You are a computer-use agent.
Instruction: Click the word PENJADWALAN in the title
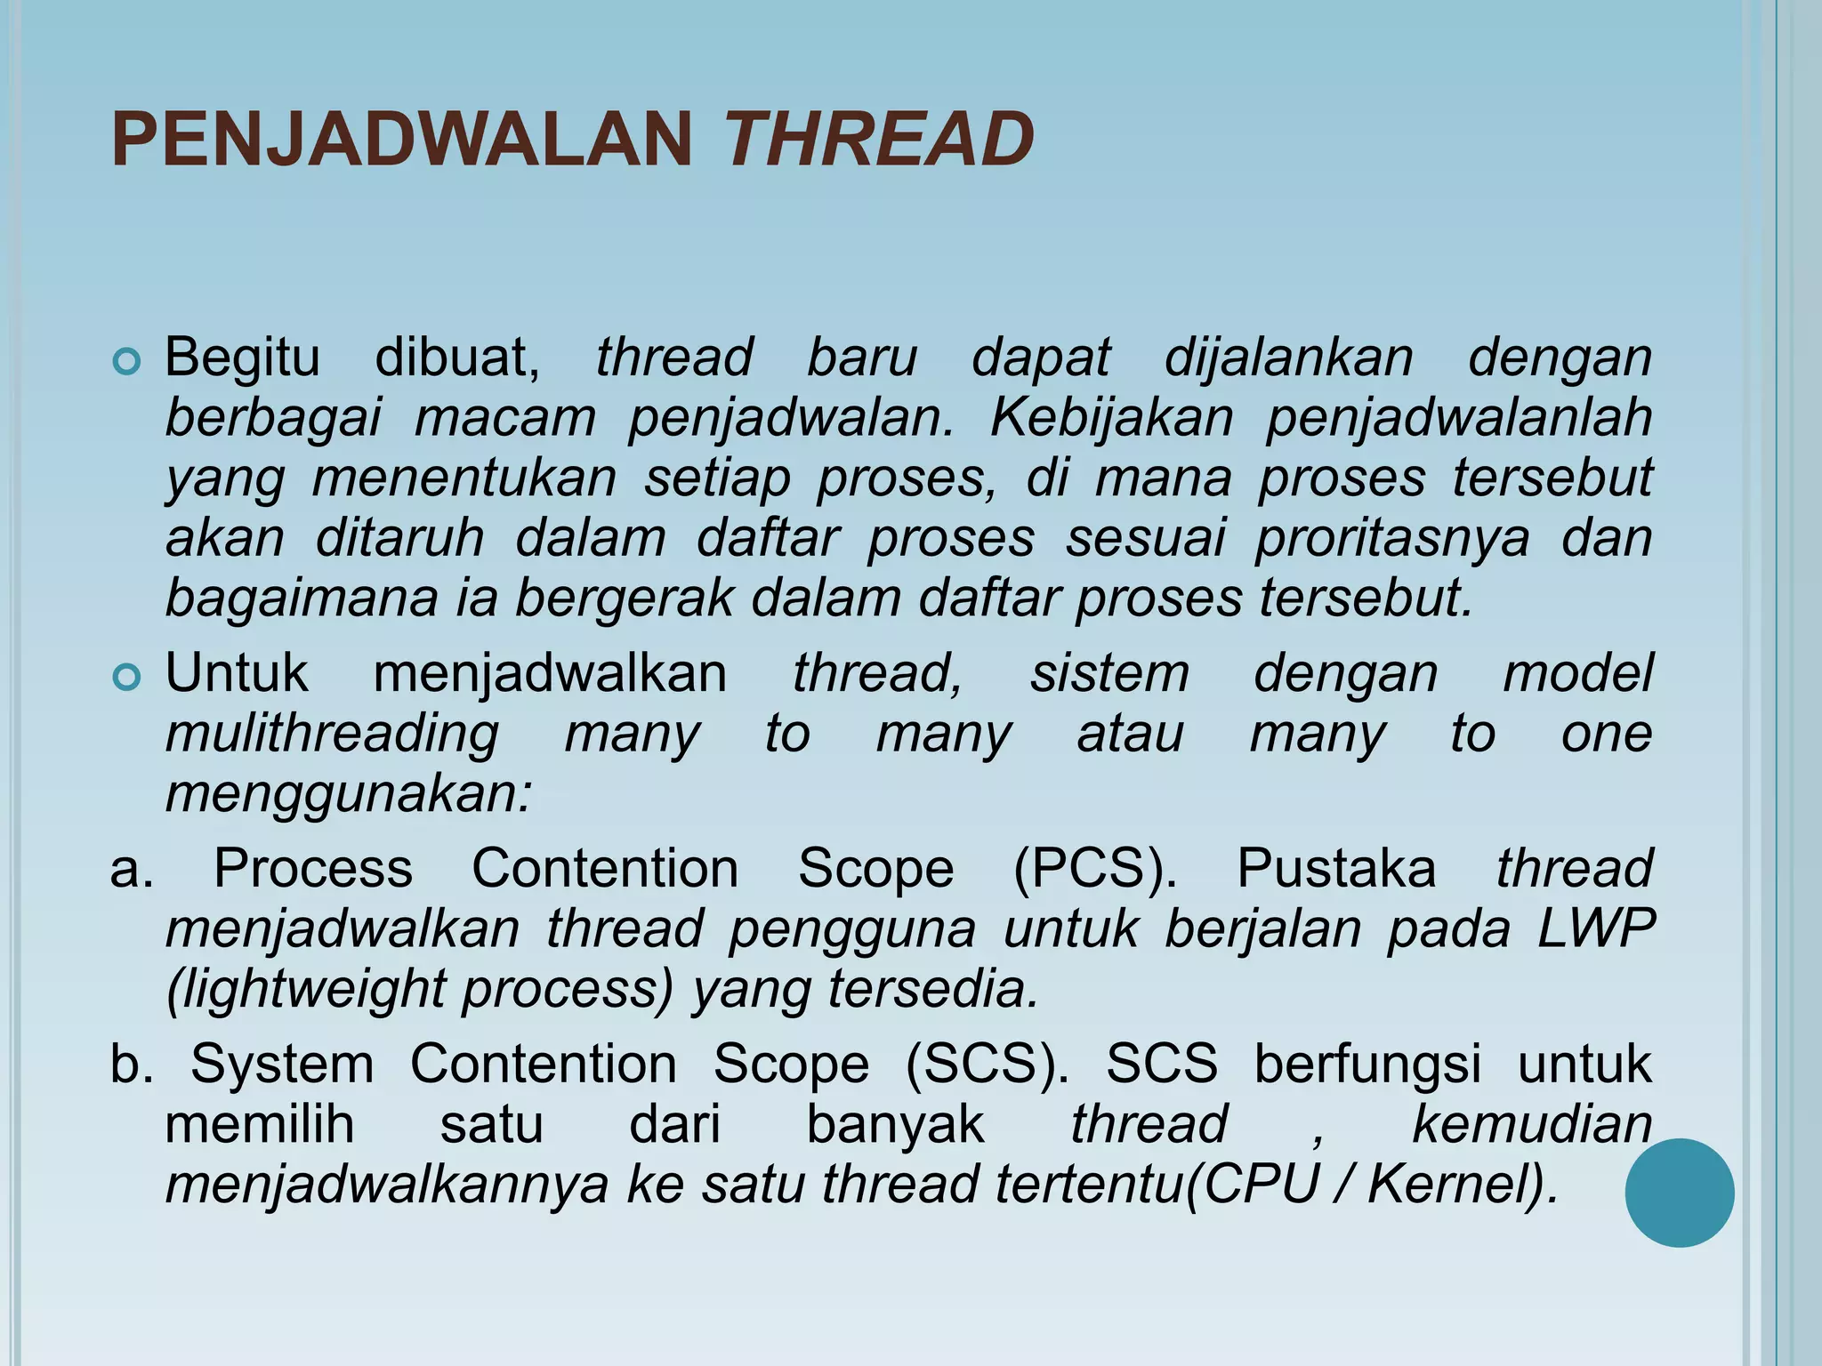tap(402, 140)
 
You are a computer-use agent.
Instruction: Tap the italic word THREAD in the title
tap(880, 140)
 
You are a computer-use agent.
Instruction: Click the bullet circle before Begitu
tap(127, 362)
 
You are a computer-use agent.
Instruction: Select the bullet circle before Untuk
tap(127, 678)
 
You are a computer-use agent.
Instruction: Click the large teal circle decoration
tap(1679, 1193)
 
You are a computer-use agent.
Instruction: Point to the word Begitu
tap(242, 358)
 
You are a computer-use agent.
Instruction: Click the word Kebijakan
tap(1111, 417)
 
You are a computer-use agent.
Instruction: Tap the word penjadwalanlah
tap(1459, 417)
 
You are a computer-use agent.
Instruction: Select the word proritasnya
tap(1392, 538)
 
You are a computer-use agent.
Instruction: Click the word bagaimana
tap(302, 599)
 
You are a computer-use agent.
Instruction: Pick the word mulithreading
tap(332, 735)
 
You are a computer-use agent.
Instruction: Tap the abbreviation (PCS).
tap(1095, 869)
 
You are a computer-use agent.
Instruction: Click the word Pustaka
tap(1335, 869)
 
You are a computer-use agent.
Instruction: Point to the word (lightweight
tap(305, 989)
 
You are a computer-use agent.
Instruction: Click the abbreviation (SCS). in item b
tap(988, 1065)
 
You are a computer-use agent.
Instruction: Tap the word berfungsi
tap(1367, 1065)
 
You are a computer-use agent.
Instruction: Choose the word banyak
tap(895, 1124)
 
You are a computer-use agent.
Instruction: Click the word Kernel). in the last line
tap(1463, 1185)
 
